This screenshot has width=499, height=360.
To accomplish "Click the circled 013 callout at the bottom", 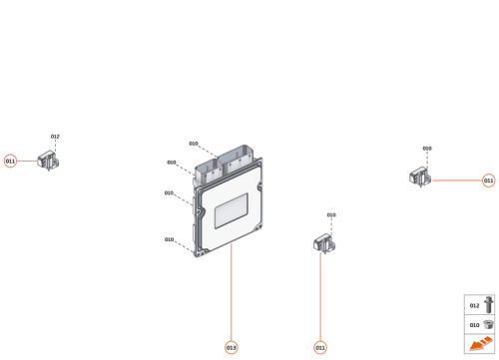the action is (232, 347).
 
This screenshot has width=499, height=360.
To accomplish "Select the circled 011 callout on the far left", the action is (11, 161).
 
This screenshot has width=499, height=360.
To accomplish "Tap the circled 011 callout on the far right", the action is (488, 180).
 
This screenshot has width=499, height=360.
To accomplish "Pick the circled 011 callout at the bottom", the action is (320, 347).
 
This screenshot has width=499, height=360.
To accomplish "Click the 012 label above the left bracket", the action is (55, 137).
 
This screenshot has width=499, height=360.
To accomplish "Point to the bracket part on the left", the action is (48, 160).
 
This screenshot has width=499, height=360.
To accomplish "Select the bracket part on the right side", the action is (420, 178).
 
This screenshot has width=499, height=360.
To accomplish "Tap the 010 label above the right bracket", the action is (427, 149).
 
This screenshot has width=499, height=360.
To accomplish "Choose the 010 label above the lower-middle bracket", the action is (331, 214).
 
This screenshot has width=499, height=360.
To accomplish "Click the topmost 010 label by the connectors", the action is (194, 144).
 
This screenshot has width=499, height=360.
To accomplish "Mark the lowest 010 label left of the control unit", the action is (169, 239).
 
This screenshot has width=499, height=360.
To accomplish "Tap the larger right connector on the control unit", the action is (241, 158).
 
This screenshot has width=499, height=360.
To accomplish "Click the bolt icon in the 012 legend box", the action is (489, 304).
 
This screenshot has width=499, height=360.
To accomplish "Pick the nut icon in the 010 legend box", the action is (489, 324).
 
